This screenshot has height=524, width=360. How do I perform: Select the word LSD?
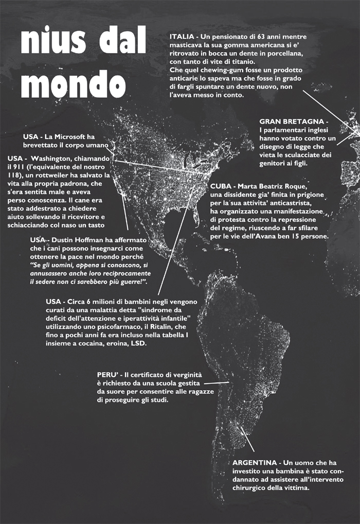coord(138,343)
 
